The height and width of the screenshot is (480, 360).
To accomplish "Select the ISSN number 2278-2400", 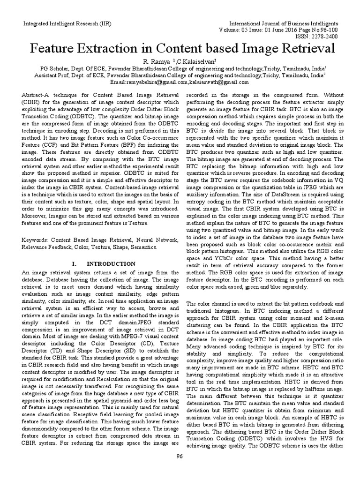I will click(x=333, y=37).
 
